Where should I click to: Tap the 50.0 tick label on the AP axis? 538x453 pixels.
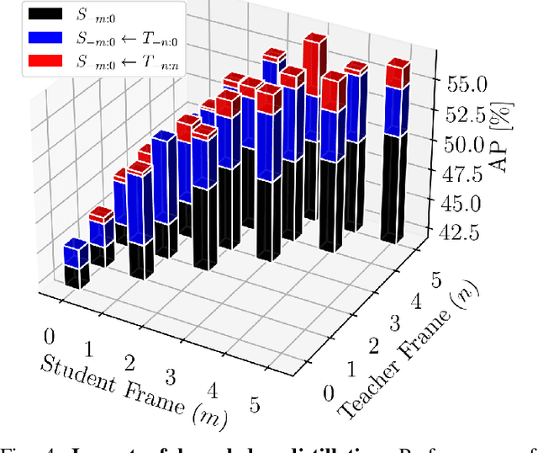tap(467, 144)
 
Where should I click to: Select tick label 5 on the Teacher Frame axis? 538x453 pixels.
tap(435, 280)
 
